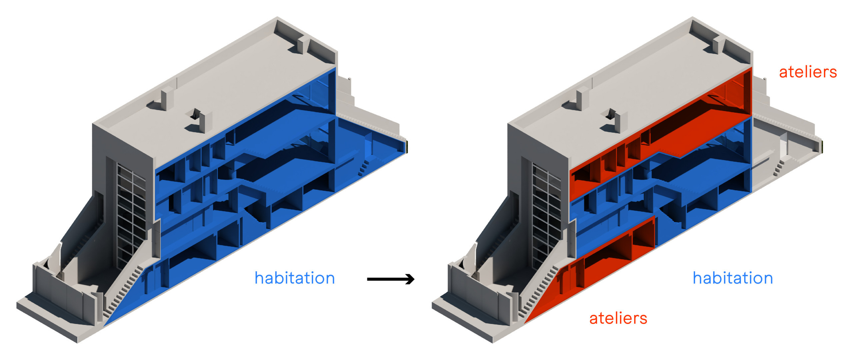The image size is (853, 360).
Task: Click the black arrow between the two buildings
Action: pos(391,279)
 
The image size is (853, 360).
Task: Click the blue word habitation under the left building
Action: pos(295,278)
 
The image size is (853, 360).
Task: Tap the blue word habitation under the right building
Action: pos(733,278)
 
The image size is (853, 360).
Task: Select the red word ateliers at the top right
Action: pos(808,72)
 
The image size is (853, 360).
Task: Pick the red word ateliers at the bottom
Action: pos(618,318)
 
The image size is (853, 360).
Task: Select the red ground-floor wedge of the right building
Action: pos(590,270)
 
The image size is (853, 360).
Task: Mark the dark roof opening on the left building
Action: pos(194,114)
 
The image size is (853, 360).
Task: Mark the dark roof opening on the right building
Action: pos(609,114)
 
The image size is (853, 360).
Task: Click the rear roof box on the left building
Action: pos(302,45)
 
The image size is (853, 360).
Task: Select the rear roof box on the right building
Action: pos(717,45)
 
